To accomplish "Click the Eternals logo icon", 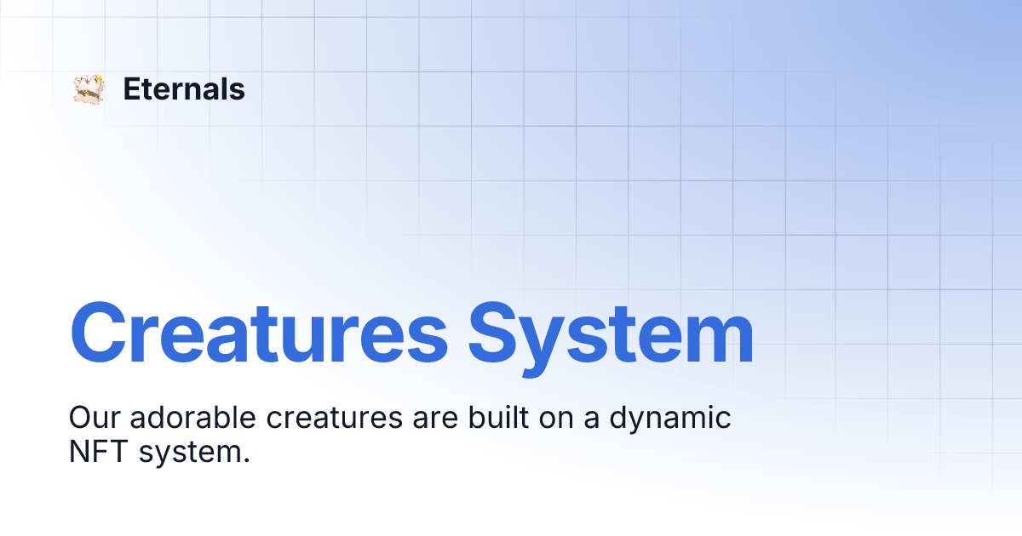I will point(89,89).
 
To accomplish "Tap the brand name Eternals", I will point(184,88).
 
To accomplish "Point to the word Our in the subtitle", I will point(94,418).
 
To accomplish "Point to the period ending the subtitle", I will point(246,460).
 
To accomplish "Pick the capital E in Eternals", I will point(132,88).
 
